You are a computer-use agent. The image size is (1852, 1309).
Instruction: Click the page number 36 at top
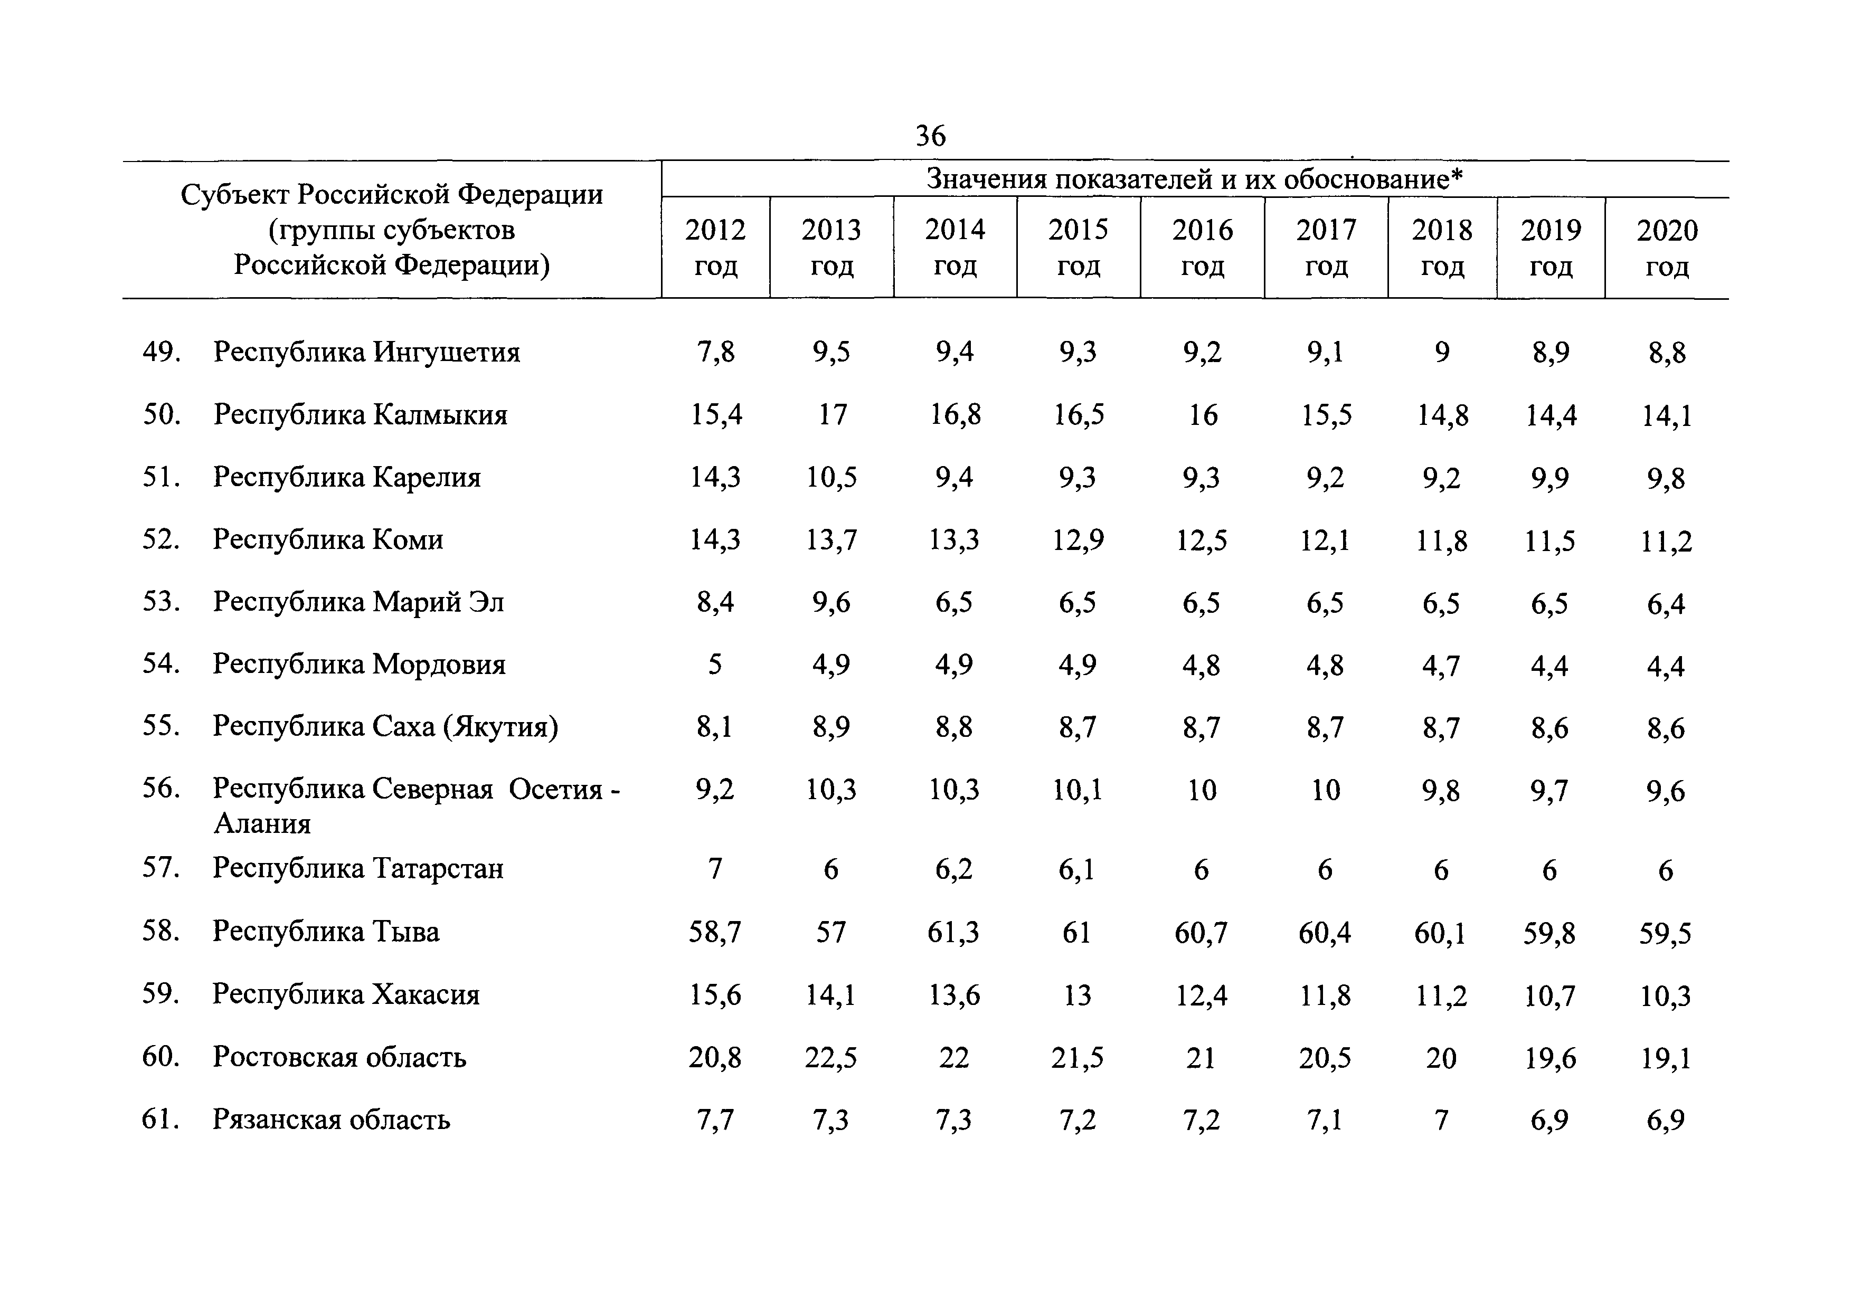point(930,136)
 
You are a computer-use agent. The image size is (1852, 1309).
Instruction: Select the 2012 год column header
point(715,248)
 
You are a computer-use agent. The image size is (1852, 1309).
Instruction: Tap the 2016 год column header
point(1203,248)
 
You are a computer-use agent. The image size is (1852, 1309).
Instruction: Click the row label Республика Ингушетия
point(366,353)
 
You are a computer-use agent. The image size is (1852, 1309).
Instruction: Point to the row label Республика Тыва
point(326,932)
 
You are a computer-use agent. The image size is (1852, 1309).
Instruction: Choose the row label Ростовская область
point(339,1057)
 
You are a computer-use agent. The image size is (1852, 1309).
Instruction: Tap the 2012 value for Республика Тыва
point(715,932)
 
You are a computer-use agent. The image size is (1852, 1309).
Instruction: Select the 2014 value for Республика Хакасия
point(954,995)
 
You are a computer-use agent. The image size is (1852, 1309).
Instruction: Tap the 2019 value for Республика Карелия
point(1549,478)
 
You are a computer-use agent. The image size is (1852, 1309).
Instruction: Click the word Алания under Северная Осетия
point(262,823)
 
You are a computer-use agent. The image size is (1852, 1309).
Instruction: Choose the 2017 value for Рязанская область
point(1325,1120)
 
